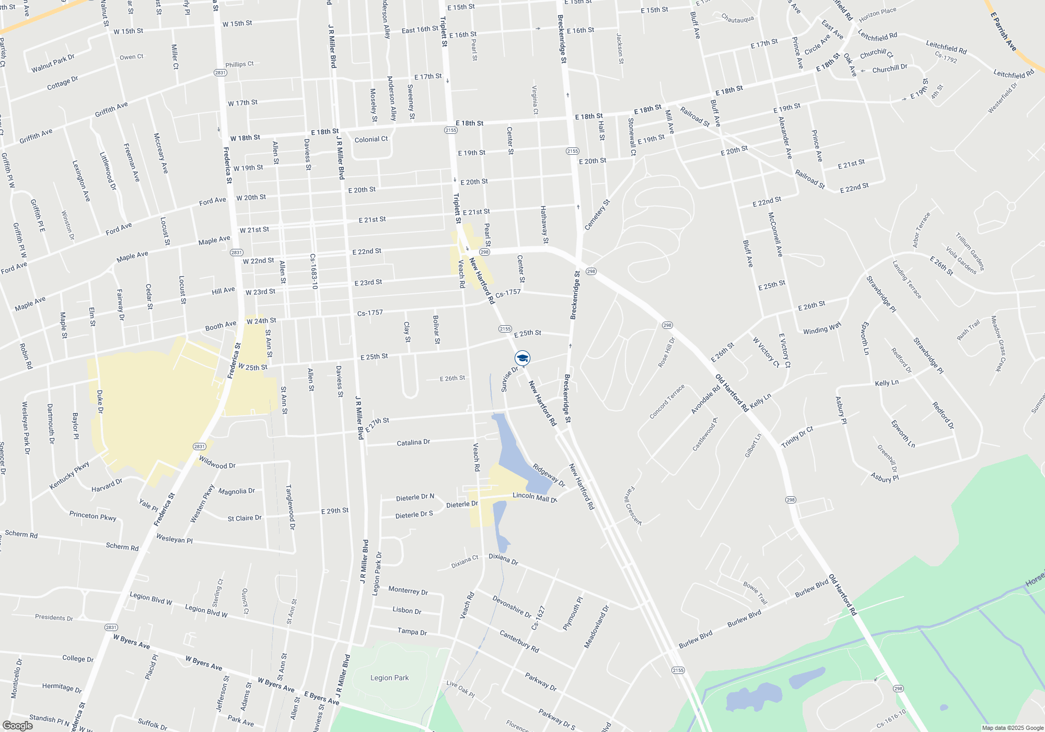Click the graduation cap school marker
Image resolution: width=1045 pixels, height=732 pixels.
[522, 358]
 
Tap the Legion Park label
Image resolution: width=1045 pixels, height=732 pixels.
[389, 678]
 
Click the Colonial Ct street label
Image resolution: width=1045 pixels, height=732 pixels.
[371, 140]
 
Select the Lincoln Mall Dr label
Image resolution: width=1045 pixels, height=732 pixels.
[535, 497]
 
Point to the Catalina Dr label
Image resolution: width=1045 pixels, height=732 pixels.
[413, 442]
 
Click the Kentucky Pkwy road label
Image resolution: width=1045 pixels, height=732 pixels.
[69, 475]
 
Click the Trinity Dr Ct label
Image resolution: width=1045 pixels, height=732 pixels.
[797, 437]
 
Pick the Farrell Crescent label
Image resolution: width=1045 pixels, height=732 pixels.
[633, 506]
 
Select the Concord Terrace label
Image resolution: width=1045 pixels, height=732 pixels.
[667, 402]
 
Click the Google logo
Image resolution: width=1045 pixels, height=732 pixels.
[17, 725]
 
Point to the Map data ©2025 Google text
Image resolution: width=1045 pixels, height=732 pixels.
[1013, 728]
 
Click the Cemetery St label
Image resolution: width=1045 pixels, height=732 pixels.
[597, 215]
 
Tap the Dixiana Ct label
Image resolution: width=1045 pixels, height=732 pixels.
[465, 562]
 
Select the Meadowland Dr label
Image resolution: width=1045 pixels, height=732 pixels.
[597, 627]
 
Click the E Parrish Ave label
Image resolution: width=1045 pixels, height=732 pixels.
[1003, 31]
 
